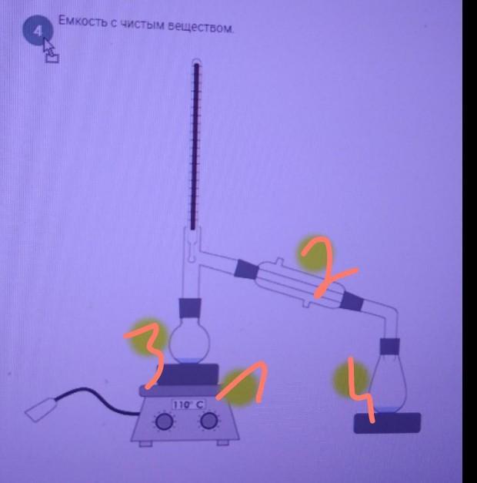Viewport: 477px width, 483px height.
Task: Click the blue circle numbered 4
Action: click(x=38, y=30)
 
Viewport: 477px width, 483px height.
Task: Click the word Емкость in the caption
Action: click(x=82, y=22)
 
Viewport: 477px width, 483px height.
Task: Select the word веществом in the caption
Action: click(x=201, y=27)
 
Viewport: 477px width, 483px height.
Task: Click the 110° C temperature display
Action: click(x=188, y=404)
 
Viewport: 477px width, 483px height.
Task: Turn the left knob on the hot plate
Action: click(x=165, y=421)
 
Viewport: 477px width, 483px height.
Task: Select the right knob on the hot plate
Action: click(x=209, y=421)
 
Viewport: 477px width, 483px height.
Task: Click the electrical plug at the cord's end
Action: click(x=40, y=409)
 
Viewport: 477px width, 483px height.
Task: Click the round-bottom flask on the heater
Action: click(x=189, y=344)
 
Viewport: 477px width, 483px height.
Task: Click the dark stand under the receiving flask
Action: click(x=387, y=423)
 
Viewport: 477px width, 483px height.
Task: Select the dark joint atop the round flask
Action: click(x=190, y=308)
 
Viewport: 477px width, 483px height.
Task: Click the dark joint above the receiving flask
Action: click(x=390, y=346)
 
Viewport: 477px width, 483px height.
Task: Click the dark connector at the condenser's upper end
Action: click(x=246, y=270)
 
